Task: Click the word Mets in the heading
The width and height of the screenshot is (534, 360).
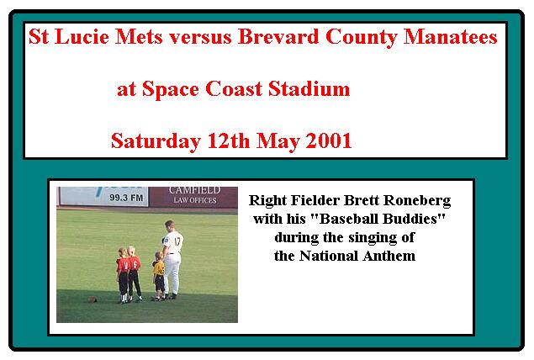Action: (x=139, y=36)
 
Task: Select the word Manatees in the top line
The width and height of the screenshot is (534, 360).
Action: (x=450, y=36)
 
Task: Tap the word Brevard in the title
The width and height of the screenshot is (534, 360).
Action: (x=278, y=36)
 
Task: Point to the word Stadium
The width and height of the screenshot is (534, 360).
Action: (x=309, y=89)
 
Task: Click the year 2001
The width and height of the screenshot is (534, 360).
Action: (x=328, y=140)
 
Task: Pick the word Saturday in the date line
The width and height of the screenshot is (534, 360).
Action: (x=156, y=141)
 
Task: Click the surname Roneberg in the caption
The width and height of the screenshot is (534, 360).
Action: (x=417, y=200)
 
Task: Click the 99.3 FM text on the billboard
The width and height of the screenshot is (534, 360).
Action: (x=126, y=198)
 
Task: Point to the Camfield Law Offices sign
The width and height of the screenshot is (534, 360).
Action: (x=193, y=197)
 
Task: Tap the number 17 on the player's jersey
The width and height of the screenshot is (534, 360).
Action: (x=177, y=241)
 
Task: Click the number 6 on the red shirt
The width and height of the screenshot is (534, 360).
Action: (x=135, y=265)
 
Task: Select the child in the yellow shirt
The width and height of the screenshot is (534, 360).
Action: (x=158, y=276)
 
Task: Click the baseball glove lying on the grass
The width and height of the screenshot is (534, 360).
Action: (x=93, y=299)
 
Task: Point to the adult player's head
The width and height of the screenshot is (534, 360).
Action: (x=170, y=225)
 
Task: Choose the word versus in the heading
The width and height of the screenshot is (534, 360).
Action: (x=201, y=37)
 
